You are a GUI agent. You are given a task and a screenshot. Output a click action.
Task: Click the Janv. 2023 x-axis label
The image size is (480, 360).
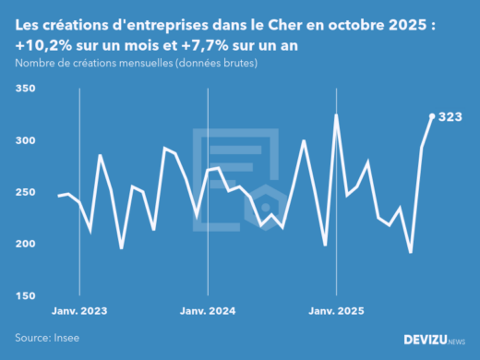78,311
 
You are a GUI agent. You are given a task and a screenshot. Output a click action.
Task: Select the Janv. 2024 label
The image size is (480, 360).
208,311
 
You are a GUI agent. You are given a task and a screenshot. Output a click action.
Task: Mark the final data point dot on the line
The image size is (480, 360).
432,115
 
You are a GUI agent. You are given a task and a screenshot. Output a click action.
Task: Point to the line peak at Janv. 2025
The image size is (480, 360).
336,114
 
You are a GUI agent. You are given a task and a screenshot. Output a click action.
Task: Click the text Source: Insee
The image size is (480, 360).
47,338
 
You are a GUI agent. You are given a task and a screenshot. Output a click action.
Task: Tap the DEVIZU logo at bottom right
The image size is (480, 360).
434,340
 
